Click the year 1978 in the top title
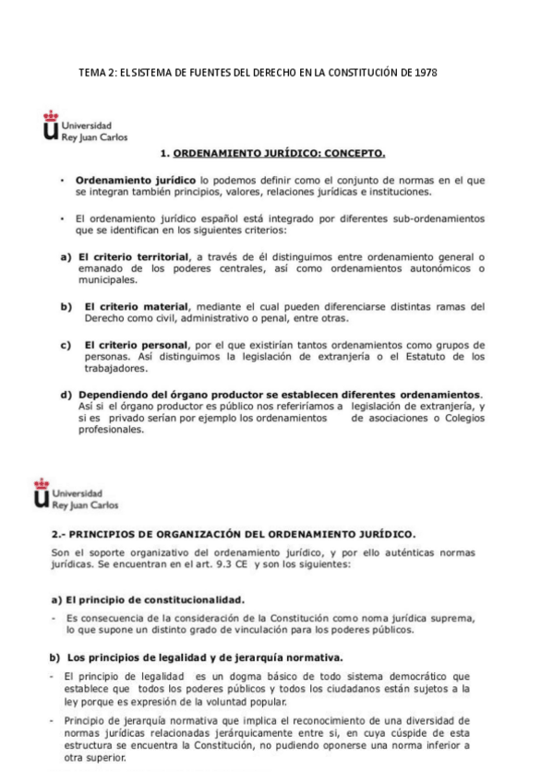(x=426, y=72)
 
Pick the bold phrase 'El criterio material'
(x=137, y=306)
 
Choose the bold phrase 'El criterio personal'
(x=137, y=345)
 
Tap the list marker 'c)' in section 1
(x=66, y=345)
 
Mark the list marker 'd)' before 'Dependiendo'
(x=66, y=395)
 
